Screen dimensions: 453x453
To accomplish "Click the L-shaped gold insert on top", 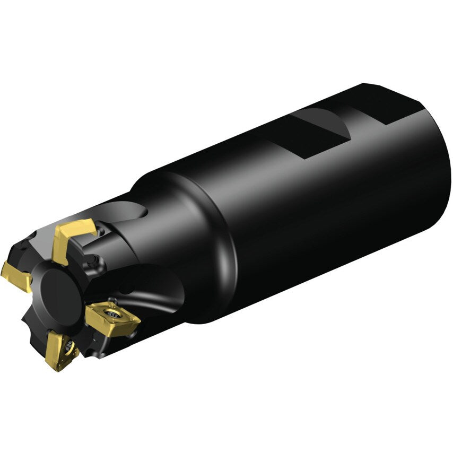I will pyautogui.click(x=72, y=239).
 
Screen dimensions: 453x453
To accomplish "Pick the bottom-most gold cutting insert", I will pyautogui.click(x=59, y=351).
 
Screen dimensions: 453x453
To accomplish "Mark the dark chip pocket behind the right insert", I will pyautogui.click(x=154, y=297).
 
